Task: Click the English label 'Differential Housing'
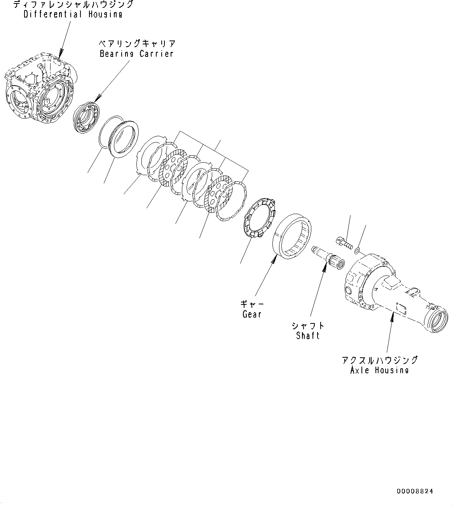(73, 15)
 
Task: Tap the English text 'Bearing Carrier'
(136, 54)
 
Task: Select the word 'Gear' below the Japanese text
(252, 314)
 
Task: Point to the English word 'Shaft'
(307, 336)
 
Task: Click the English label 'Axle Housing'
(379, 370)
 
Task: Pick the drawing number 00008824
(415, 491)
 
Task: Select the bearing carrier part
(86, 117)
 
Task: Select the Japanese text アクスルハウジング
(380, 360)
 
